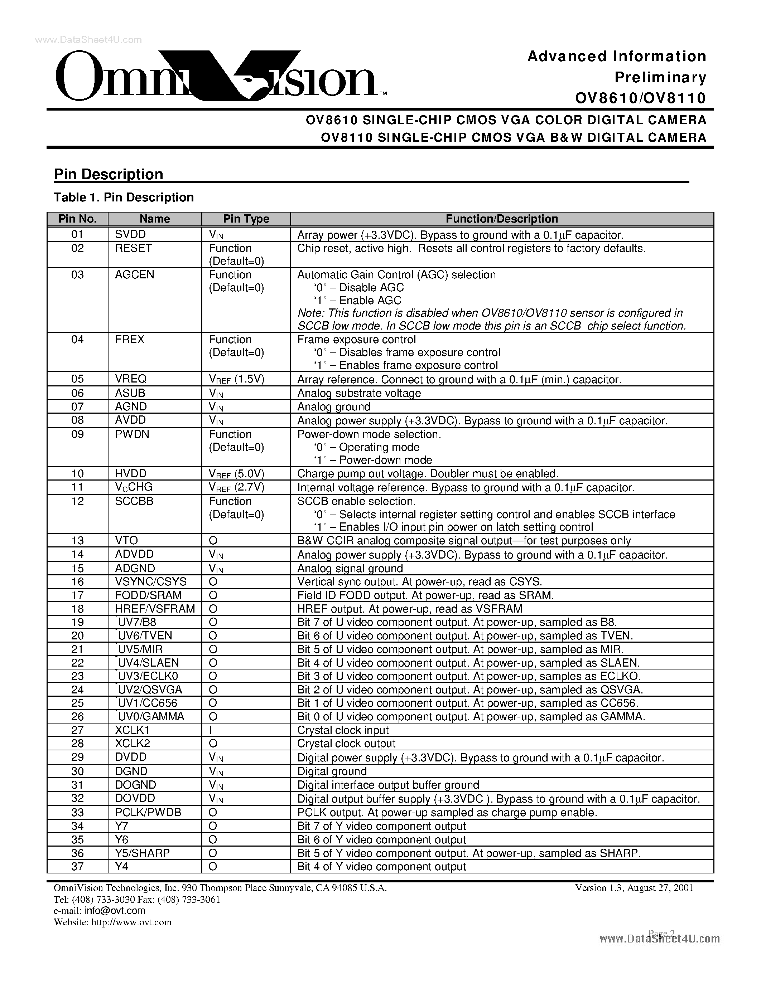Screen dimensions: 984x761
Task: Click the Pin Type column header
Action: point(246,219)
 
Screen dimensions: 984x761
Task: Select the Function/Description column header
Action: point(501,219)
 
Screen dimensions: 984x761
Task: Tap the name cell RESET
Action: point(134,248)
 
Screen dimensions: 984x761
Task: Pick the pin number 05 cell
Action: point(78,379)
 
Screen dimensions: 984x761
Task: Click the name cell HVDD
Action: point(131,473)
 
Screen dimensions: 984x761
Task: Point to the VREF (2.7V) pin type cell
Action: point(236,487)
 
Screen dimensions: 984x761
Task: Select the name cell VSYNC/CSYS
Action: point(150,582)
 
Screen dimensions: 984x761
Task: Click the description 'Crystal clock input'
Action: point(343,730)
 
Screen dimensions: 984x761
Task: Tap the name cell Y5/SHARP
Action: point(143,853)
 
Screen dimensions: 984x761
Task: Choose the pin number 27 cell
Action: point(78,730)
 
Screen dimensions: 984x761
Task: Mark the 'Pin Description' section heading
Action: point(108,174)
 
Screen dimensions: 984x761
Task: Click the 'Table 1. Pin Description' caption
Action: point(124,198)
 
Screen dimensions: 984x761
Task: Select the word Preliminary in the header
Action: point(660,78)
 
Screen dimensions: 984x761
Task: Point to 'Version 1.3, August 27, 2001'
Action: point(634,888)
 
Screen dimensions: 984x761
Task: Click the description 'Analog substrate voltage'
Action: point(359,393)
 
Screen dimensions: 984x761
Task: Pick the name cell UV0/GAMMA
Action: point(150,717)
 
